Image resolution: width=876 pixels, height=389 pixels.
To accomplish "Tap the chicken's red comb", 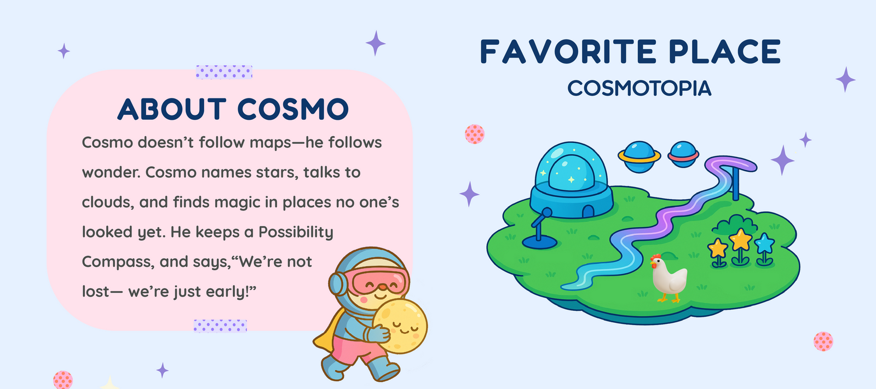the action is click(655, 258).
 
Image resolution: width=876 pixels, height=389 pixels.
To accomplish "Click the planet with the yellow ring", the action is click(639, 156).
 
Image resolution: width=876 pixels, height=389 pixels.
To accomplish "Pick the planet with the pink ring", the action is click(683, 154).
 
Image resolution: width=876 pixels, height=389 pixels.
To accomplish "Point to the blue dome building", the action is click(572, 181).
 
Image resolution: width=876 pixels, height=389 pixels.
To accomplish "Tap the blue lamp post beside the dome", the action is click(540, 231).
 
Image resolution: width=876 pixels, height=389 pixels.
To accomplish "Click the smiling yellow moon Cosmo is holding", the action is click(400, 326).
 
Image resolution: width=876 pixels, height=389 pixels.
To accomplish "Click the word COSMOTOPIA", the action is click(639, 88).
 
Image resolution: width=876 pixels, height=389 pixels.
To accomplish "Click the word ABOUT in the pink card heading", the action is click(172, 109).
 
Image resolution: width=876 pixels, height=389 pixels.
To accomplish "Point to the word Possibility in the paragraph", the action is click(296, 232).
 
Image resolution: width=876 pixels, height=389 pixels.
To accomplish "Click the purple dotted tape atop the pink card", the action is click(224, 72).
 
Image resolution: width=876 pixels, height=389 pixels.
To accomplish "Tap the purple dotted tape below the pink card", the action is click(220, 326).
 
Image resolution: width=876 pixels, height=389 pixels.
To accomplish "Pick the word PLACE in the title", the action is click(725, 51).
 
